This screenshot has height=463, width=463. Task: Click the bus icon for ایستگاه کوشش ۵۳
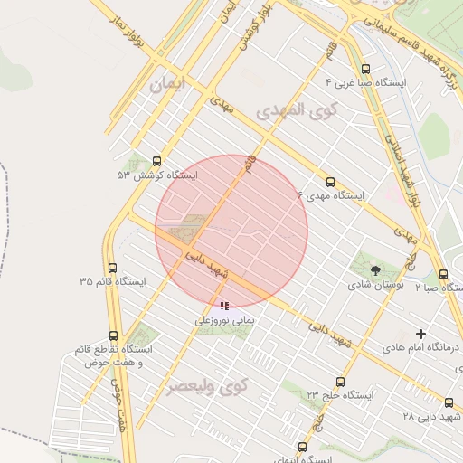coord(158,161)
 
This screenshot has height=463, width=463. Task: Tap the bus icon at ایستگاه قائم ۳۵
coord(113,268)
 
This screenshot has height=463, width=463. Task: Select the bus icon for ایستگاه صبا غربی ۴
coord(365,69)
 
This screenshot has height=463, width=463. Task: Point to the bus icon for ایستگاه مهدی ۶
coord(329,182)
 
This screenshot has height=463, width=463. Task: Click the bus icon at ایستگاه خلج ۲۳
coord(340,382)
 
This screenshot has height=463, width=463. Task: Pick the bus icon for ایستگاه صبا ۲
coord(443,274)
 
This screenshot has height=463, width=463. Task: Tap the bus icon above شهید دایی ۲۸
coord(449,402)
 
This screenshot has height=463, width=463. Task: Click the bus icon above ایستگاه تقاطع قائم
coord(113,335)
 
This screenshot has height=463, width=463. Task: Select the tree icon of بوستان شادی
coord(375,269)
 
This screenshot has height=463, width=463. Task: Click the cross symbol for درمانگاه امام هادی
coord(420,334)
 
